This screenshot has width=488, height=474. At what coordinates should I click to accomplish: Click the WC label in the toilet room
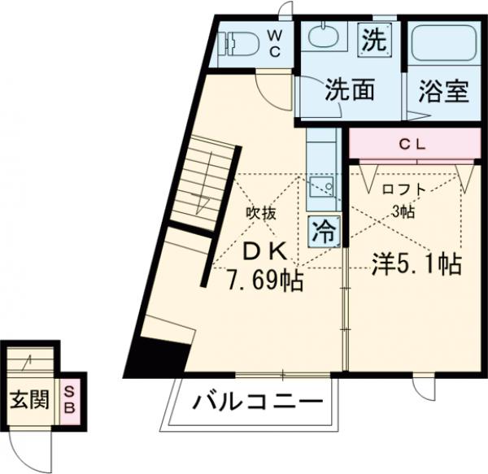point(275,44)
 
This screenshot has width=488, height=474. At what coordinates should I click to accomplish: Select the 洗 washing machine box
point(373,39)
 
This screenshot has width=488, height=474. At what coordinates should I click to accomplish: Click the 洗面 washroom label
point(350,90)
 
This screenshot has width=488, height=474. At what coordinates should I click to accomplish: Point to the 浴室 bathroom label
point(443,92)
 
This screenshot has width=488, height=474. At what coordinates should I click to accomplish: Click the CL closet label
point(415,146)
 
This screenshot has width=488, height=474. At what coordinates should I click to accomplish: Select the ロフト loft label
point(404,189)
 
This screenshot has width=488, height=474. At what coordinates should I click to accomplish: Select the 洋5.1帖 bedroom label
point(417,263)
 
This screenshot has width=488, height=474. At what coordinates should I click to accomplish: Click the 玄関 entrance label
point(28,400)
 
